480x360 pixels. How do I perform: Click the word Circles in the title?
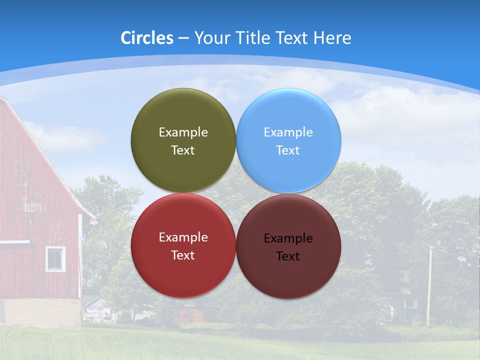coord(146,38)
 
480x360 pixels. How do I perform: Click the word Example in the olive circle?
coord(183,132)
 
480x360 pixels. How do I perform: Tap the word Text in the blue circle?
coord(288,150)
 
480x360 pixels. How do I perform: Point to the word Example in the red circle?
coord(183,237)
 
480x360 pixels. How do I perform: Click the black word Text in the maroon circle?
coord(288,256)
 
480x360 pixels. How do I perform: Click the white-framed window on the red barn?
coord(55,258)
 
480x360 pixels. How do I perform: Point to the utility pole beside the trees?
coord(428,285)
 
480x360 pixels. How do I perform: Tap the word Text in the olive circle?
coord(183,150)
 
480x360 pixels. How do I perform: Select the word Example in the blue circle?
coord(288,132)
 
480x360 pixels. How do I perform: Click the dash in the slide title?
coord(183,38)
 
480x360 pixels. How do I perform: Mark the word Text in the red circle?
coord(183,255)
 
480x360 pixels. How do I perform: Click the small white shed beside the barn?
coord(96,309)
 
